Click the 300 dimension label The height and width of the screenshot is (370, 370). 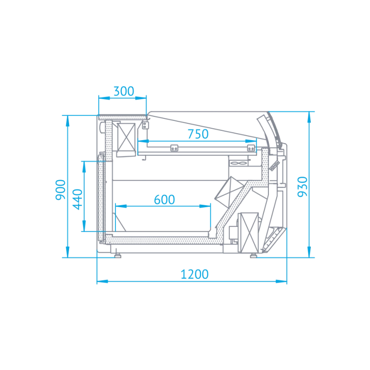tap(124, 91)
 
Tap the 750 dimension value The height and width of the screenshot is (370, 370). tap(198, 134)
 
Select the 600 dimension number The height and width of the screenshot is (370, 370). tap(164, 200)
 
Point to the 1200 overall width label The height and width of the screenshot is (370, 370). tap(194, 274)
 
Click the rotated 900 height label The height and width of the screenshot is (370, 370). tap(60, 190)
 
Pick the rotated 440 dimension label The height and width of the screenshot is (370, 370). tap(77, 199)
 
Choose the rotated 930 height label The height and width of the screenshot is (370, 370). tap(302, 186)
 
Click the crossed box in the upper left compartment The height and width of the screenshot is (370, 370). tap(126, 137)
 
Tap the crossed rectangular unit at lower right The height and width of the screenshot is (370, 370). tap(249, 232)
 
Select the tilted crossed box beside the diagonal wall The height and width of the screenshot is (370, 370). tap(229, 192)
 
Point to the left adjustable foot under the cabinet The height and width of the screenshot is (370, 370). tap(117, 255)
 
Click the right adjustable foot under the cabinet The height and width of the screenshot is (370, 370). tap(254, 255)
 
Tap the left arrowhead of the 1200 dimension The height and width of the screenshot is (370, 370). tap(103, 281)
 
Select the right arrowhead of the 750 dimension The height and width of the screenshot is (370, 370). tap(251, 141)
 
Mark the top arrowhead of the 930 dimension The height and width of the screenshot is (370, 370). tap(309, 117)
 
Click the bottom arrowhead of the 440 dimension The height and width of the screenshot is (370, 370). tap(84, 226)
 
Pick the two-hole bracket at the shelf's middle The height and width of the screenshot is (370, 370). tap(174, 148)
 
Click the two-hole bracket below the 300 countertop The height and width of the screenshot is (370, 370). tap(145, 125)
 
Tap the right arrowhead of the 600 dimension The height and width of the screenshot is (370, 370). tap(205, 206)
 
